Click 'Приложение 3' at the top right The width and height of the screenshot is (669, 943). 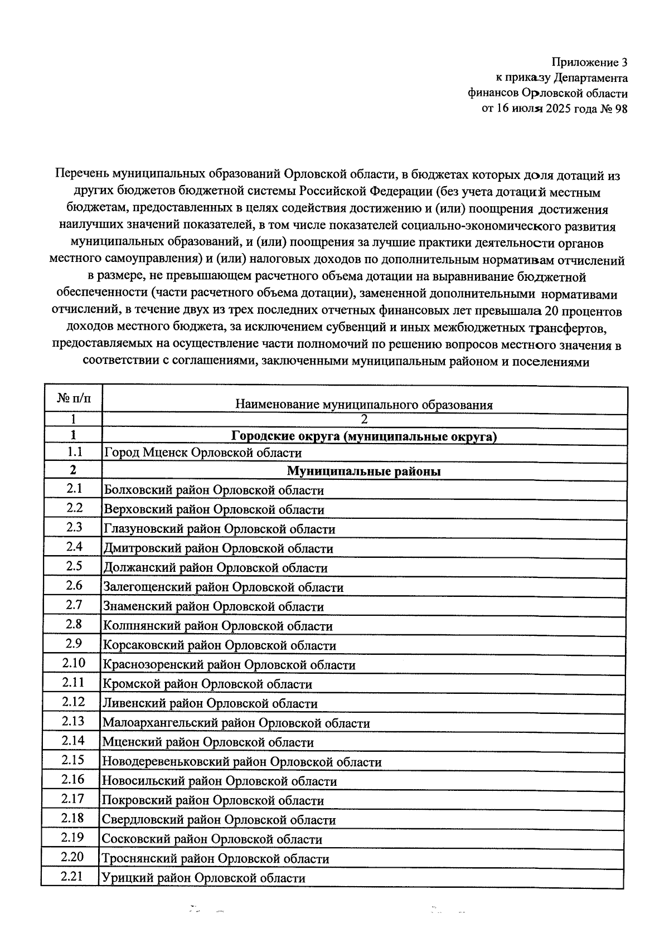click(590, 62)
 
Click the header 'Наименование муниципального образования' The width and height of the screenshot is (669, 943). click(364, 405)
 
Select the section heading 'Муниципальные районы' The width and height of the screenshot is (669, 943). click(364, 471)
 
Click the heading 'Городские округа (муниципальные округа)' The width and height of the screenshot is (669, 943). click(364, 436)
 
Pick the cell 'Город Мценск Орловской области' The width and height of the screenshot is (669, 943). click(203, 453)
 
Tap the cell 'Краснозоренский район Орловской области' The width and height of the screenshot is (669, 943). click(229, 665)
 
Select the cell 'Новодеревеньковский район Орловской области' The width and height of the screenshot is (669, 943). click(241, 762)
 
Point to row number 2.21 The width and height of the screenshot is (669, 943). click(72, 877)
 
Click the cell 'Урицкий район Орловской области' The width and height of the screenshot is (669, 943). click(203, 878)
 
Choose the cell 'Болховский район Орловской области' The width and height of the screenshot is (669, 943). click(214, 490)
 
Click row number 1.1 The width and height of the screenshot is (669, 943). click(74, 452)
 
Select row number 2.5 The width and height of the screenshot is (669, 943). click(74, 566)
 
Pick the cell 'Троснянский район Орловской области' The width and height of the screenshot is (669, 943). click(215, 859)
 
